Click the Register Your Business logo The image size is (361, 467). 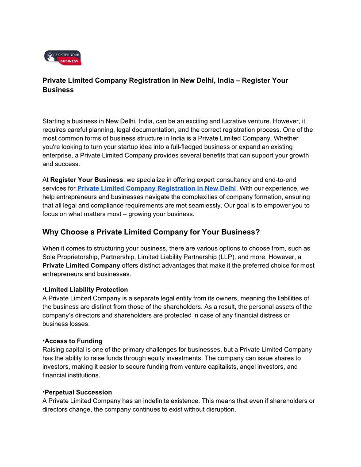click(x=63, y=57)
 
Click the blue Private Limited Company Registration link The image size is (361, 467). click(x=157, y=188)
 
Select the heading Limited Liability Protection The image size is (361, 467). click(x=86, y=290)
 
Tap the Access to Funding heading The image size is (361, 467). click(x=73, y=341)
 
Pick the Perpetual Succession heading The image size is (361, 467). click(x=78, y=392)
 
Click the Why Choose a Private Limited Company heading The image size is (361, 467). click(x=151, y=232)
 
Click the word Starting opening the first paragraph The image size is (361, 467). click(x=54, y=121)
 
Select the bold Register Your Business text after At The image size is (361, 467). click(x=87, y=180)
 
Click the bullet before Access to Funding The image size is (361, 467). click(x=43, y=341)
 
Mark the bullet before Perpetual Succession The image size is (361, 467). click(x=43, y=392)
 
